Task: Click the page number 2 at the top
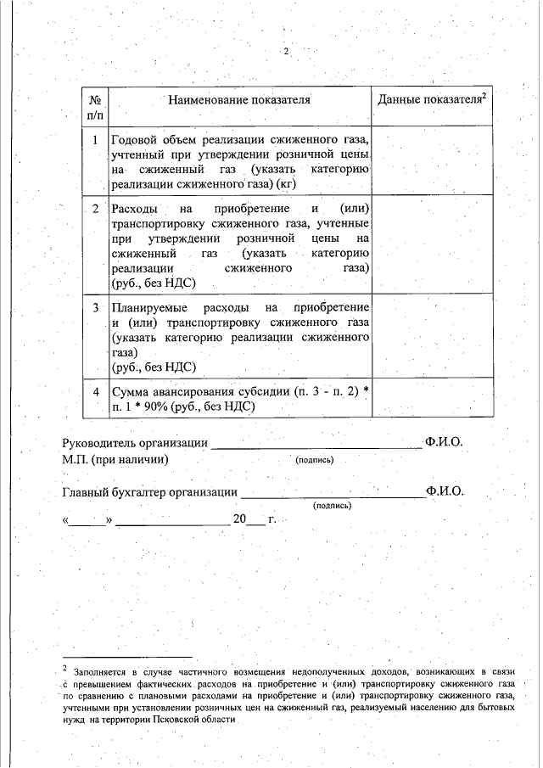[287, 52]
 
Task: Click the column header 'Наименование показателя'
[238, 100]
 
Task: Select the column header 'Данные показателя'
[431, 100]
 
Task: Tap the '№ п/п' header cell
[96, 107]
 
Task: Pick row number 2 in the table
[96, 209]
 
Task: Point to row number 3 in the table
[96, 306]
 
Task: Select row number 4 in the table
[96, 391]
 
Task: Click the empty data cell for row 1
[431, 161]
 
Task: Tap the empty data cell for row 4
[431, 399]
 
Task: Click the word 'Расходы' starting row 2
[133, 209]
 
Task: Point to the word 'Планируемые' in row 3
[147, 306]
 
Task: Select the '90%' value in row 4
[155, 406]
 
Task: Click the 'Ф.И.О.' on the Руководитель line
[445, 442]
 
